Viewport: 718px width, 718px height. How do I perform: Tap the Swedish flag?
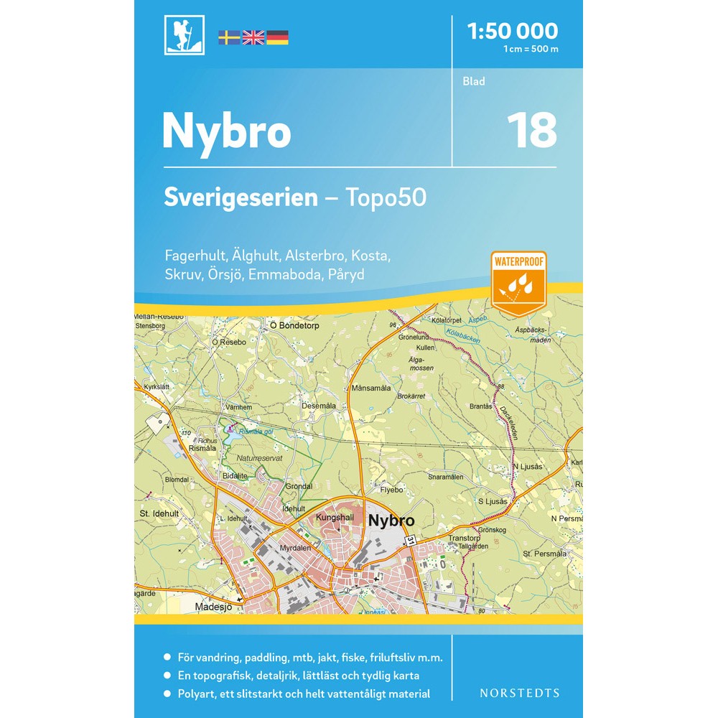point(229,38)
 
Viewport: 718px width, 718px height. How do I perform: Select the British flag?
point(253,38)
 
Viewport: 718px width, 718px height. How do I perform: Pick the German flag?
point(277,38)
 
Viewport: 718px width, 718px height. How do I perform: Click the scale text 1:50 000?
point(512,31)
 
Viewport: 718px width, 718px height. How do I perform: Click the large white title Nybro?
point(226,131)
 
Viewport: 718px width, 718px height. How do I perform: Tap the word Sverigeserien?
point(241,197)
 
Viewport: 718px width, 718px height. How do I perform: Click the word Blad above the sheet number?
point(474,81)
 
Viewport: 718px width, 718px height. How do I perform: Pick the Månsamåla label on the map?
point(371,388)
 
